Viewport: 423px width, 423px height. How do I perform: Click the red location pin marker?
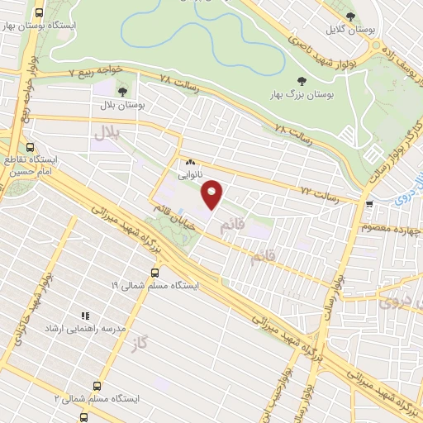click(x=213, y=194)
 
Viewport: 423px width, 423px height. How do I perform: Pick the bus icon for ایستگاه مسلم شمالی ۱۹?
click(x=155, y=272)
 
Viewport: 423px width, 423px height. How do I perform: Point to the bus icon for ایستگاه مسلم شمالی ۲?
click(x=97, y=386)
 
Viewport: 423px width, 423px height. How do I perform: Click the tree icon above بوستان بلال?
click(x=123, y=92)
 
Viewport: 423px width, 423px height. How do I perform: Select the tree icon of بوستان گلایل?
click(x=350, y=16)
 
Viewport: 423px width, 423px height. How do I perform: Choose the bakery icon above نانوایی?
click(x=190, y=163)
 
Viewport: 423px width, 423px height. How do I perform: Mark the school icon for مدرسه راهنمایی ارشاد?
click(x=83, y=315)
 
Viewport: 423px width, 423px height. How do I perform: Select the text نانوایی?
click(x=189, y=176)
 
